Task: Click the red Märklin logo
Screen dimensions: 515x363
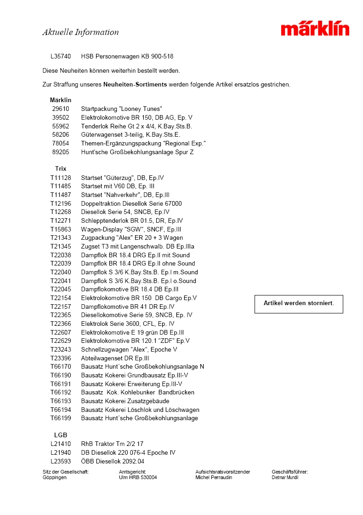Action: tap(315, 29)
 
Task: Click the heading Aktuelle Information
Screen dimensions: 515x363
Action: tap(80, 32)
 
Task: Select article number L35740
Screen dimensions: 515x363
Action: tap(61, 57)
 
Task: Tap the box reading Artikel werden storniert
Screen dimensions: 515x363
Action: tap(299, 304)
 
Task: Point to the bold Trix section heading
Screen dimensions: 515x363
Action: tap(61, 169)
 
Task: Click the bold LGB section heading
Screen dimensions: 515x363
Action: tap(60, 435)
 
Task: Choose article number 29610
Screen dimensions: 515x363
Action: tap(61, 109)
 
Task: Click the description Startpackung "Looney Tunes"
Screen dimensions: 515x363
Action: tap(121, 109)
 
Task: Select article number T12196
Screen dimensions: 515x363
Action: tap(61, 203)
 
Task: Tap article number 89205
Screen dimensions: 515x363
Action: tap(61, 152)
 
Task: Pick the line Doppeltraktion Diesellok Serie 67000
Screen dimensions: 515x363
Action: tap(131, 203)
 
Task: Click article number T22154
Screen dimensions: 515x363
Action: tap(61, 298)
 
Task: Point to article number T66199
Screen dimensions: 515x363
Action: tap(61, 418)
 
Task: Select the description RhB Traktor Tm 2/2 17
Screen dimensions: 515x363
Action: tap(112, 444)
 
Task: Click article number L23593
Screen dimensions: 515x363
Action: tap(61, 461)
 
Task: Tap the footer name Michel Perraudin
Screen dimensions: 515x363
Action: tap(214, 478)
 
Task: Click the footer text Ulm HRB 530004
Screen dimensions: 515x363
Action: tap(138, 478)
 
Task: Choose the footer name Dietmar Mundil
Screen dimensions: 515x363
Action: tap(285, 478)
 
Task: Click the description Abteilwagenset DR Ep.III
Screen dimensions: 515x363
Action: tap(115, 358)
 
